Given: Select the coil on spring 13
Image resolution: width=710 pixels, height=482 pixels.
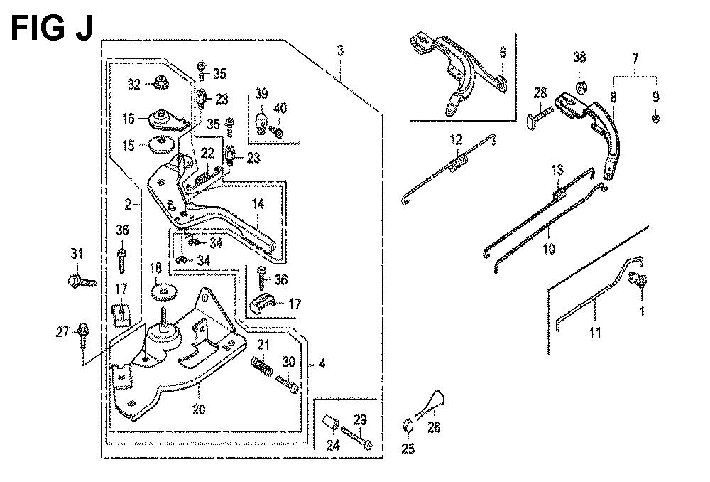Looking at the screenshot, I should (559, 191).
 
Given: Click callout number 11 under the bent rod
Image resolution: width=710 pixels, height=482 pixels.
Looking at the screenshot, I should (595, 331).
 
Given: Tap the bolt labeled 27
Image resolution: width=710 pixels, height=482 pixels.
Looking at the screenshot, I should (84, 332).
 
